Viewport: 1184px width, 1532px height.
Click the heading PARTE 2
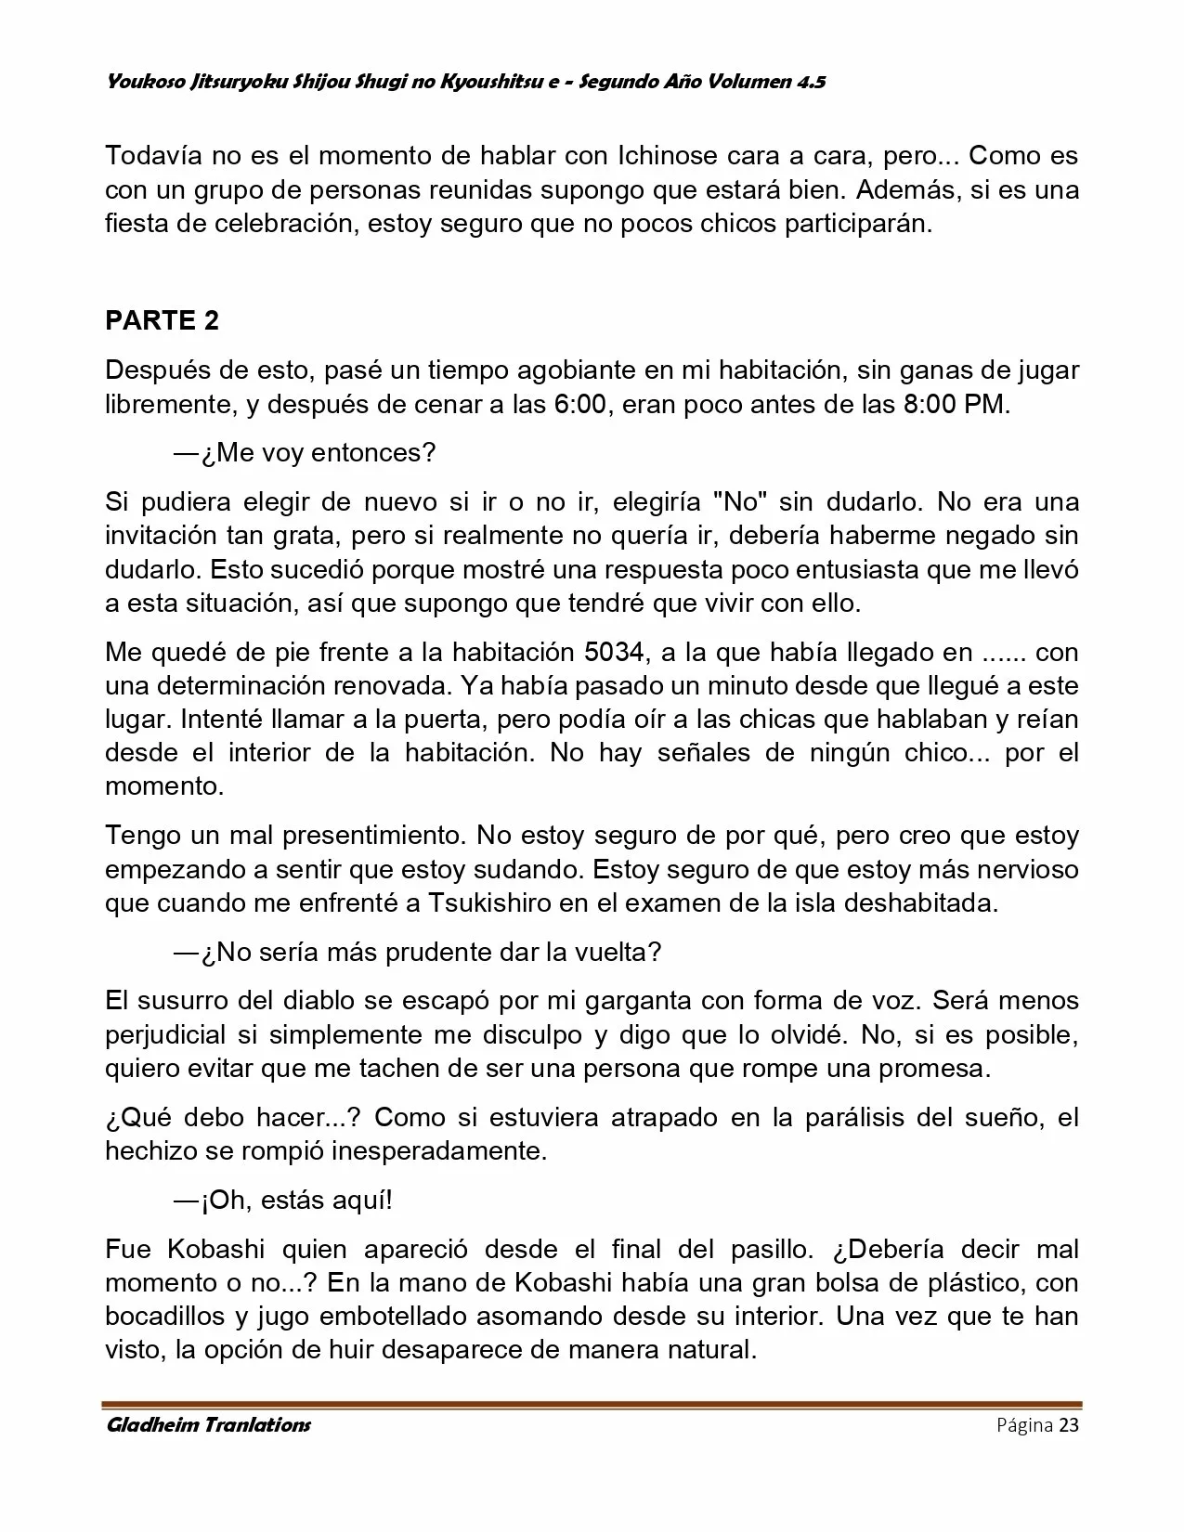[163, 320]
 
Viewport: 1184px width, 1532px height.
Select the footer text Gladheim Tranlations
[208, 1425]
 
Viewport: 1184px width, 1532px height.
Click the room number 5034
[615, 652]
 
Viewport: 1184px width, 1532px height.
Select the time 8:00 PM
[955, 406]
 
